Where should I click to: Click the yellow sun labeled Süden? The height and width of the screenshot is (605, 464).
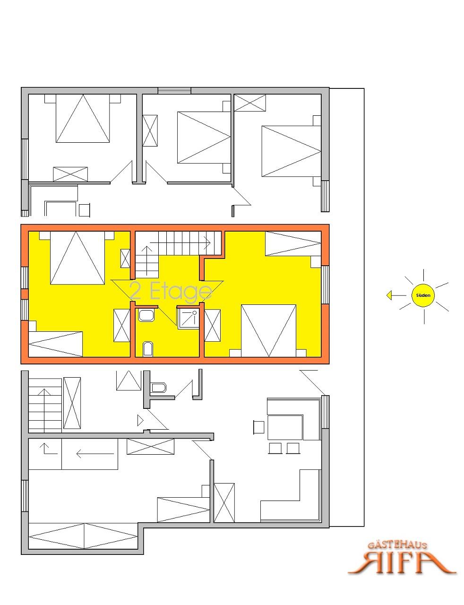pyautogui.click(x=422, y=295)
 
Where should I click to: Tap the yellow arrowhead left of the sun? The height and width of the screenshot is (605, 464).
pyautogui.click(x=389, y=295)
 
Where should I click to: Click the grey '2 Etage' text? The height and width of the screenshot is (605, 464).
pyautogui.click(x=171, y=292)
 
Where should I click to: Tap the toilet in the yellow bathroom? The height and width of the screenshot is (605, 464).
pyautogui.click(x=148, y=349)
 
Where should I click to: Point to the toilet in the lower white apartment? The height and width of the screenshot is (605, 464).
pyautogui.click(x=158, y=387)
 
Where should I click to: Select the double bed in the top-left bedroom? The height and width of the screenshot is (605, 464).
pyautogui.click(x=83, y=118)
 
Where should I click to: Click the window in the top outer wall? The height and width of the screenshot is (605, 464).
pyautogui.click(x=174, y=91)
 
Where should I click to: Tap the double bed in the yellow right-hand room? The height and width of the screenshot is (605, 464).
pyautogui.click(x=268, y=331)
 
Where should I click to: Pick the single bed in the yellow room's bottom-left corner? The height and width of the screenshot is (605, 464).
pyautogui.click(x=56, y=344)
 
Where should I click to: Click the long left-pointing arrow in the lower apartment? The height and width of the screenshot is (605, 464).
pyautogui.click(x=95, y=454)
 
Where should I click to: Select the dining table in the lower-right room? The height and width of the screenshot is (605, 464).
pyautogui.click(x=285, y=427)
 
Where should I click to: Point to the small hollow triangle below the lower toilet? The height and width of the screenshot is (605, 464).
pyautogui.click(x=140, y=421)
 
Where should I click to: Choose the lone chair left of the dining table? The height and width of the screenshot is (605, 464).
pyautogui.click(x=258, y=427)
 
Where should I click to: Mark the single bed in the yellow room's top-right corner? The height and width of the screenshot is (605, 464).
pyautogui.click(x=293, y=243)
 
